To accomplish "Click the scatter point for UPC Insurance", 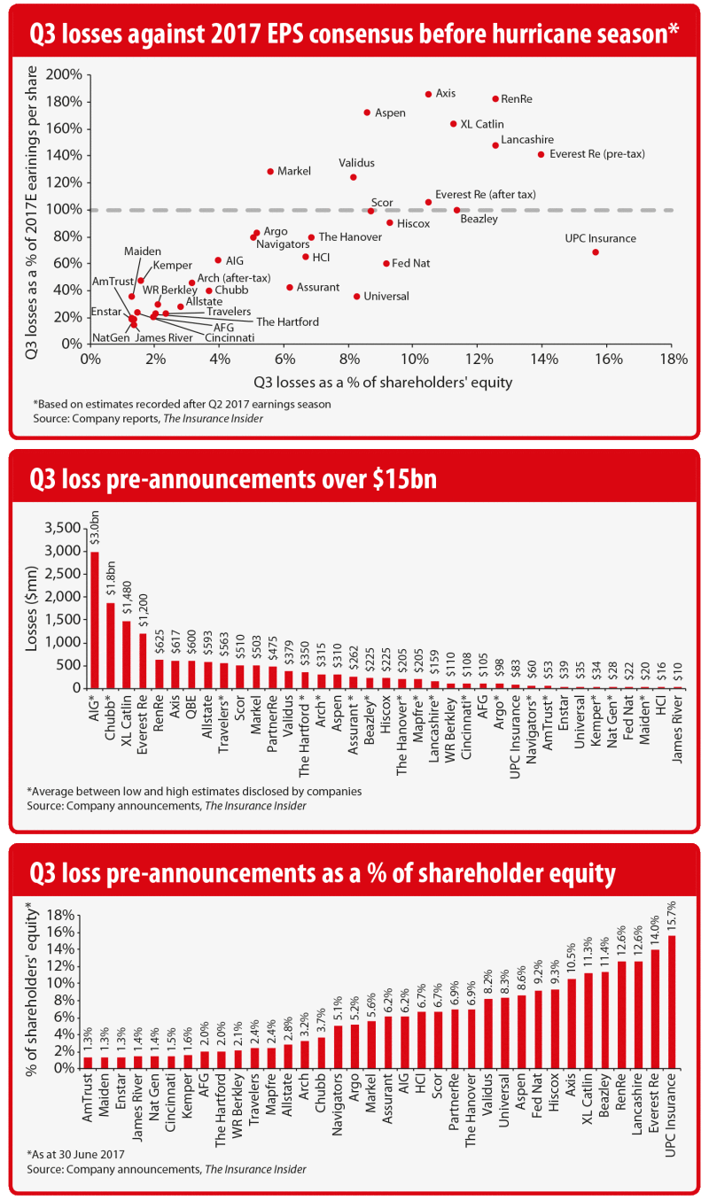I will [596, 252].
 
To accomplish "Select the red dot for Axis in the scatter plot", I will [428, 94].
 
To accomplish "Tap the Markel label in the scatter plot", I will [293, 171].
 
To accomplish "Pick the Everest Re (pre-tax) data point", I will [541, 154].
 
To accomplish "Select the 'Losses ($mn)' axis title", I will [33, 608].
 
